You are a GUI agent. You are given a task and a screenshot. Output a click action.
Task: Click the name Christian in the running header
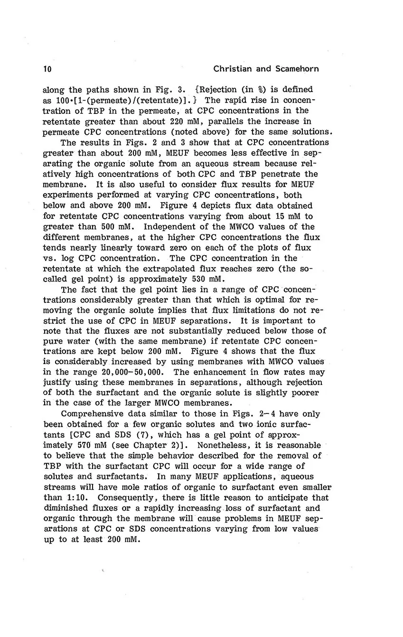[233, 69]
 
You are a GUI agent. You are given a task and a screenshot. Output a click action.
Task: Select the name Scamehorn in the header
[296, 69]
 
